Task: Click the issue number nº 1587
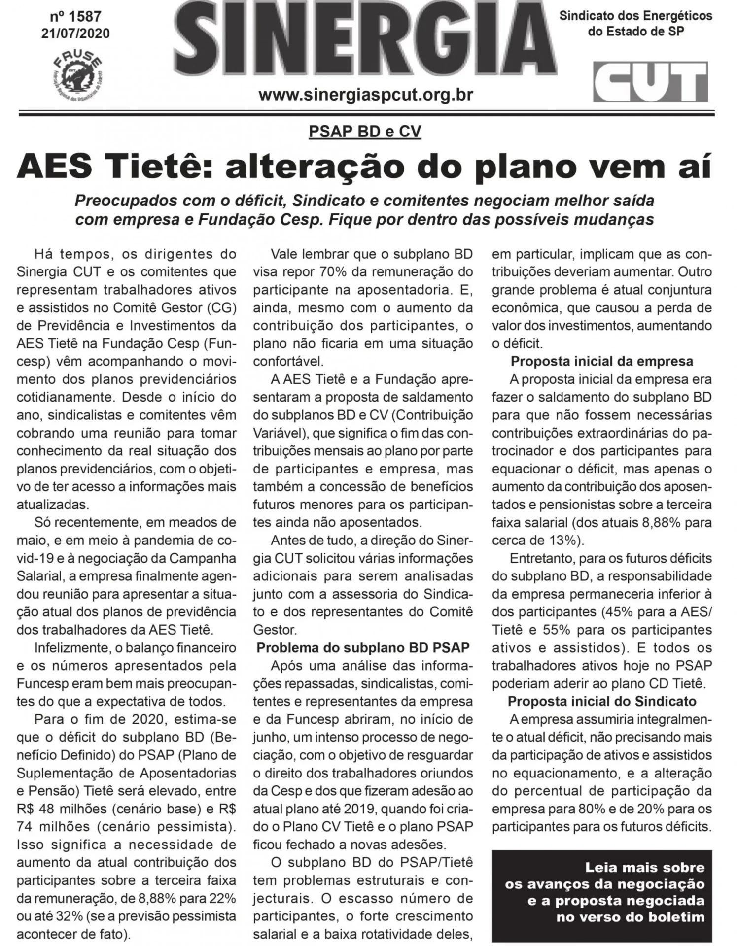click(x=75, y=17)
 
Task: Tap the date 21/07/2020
click(x=75, y=34)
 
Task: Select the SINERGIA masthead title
click(x=365, y=44)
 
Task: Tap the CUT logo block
click(x=650, y=82)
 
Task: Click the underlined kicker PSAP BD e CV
click(x=365, y=132)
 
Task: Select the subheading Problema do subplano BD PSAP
click(x=363, y=647)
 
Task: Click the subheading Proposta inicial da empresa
click(x=601, y=361)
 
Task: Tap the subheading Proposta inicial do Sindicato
click(x=601, y=701)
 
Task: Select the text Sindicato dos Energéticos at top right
click(x=635, y=16)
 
